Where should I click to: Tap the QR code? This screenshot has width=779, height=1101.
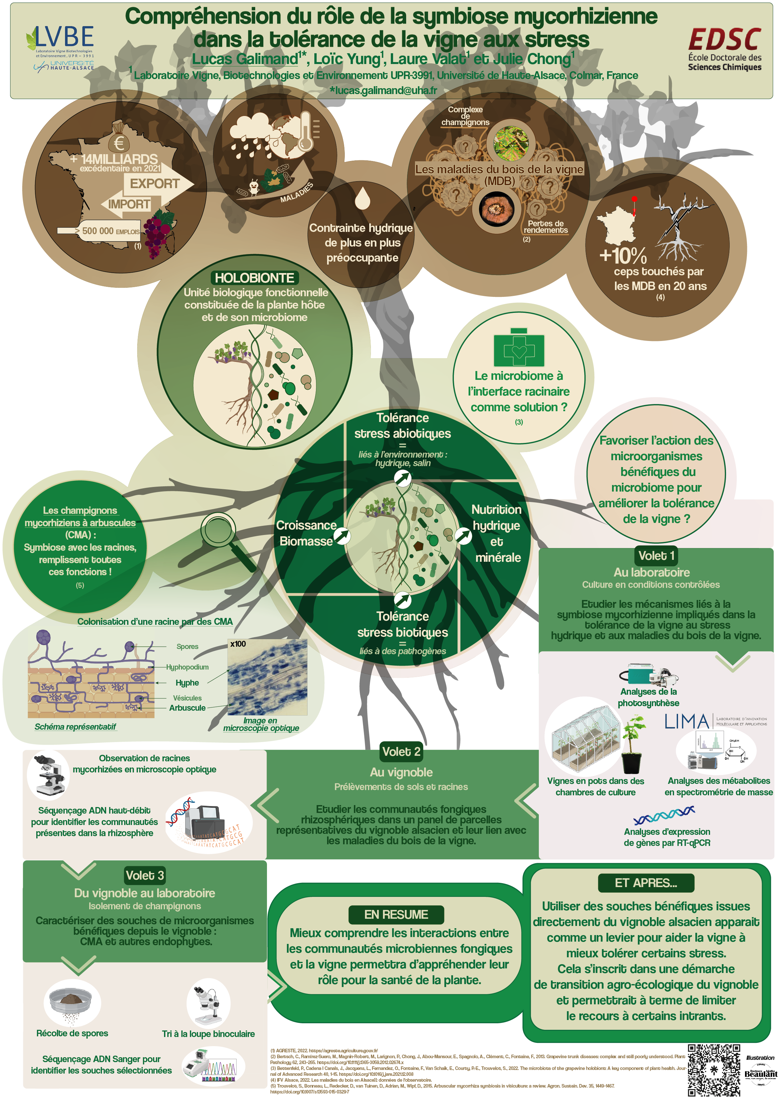click(x=714, y=1069)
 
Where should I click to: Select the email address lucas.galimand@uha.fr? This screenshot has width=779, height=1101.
click(x=383, y=90)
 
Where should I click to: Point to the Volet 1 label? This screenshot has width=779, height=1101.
click(x=656, y=556)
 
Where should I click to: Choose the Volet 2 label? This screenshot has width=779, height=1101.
click(x=401, y=752)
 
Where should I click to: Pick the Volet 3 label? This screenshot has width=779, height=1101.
click(x=144, y=875)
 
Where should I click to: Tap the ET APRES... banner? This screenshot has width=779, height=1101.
click(x=646, y=883)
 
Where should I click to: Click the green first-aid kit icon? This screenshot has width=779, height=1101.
click(x=519, y=348)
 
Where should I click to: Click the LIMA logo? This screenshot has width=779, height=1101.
click(x=687, y=721)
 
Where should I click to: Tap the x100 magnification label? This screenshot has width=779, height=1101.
click(x=238, y=644)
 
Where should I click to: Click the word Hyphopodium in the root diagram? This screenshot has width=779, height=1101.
click(x=187, y=667)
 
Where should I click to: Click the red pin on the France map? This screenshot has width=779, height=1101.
click(x=634, y=200)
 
